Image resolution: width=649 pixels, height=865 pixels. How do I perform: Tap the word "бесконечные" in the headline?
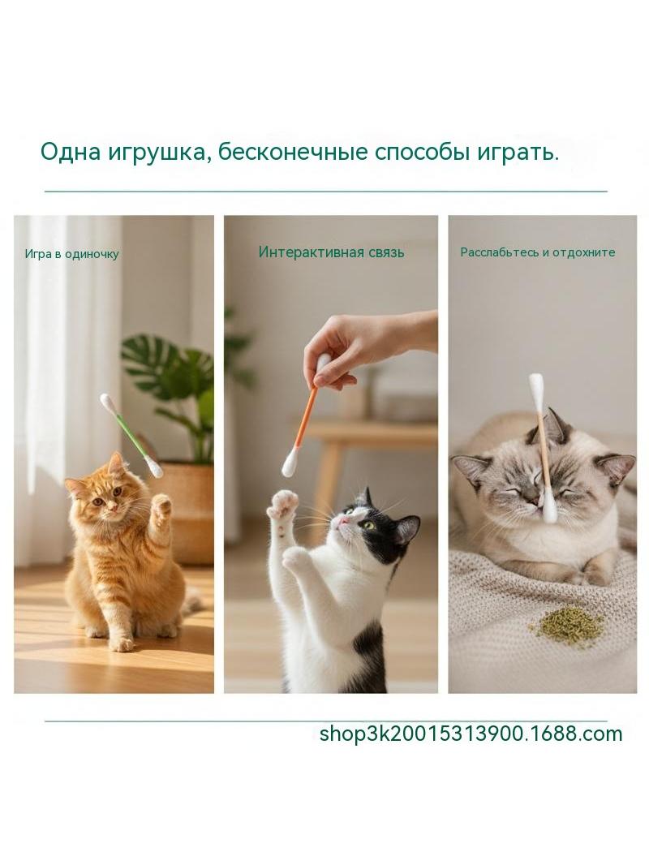(x=292, y=153)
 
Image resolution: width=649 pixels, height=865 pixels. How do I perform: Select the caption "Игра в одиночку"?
(x=71, y=254)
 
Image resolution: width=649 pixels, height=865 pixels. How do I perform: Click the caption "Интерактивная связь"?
(x=331, y=252)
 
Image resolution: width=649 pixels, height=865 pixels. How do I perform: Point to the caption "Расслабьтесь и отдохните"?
(x=538, y=252)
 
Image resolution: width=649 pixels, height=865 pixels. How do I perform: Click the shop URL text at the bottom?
(x=471, y=734)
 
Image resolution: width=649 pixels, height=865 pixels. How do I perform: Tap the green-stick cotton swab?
(x=131, y=435)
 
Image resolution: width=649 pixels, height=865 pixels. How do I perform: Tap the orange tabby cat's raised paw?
(x=161, y=507)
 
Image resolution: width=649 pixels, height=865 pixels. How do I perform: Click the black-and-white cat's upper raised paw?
(x=283, y=506)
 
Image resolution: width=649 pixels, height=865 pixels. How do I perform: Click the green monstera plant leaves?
(x=171, y=386)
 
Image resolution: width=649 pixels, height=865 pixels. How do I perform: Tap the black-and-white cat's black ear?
(x=407, y=530)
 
